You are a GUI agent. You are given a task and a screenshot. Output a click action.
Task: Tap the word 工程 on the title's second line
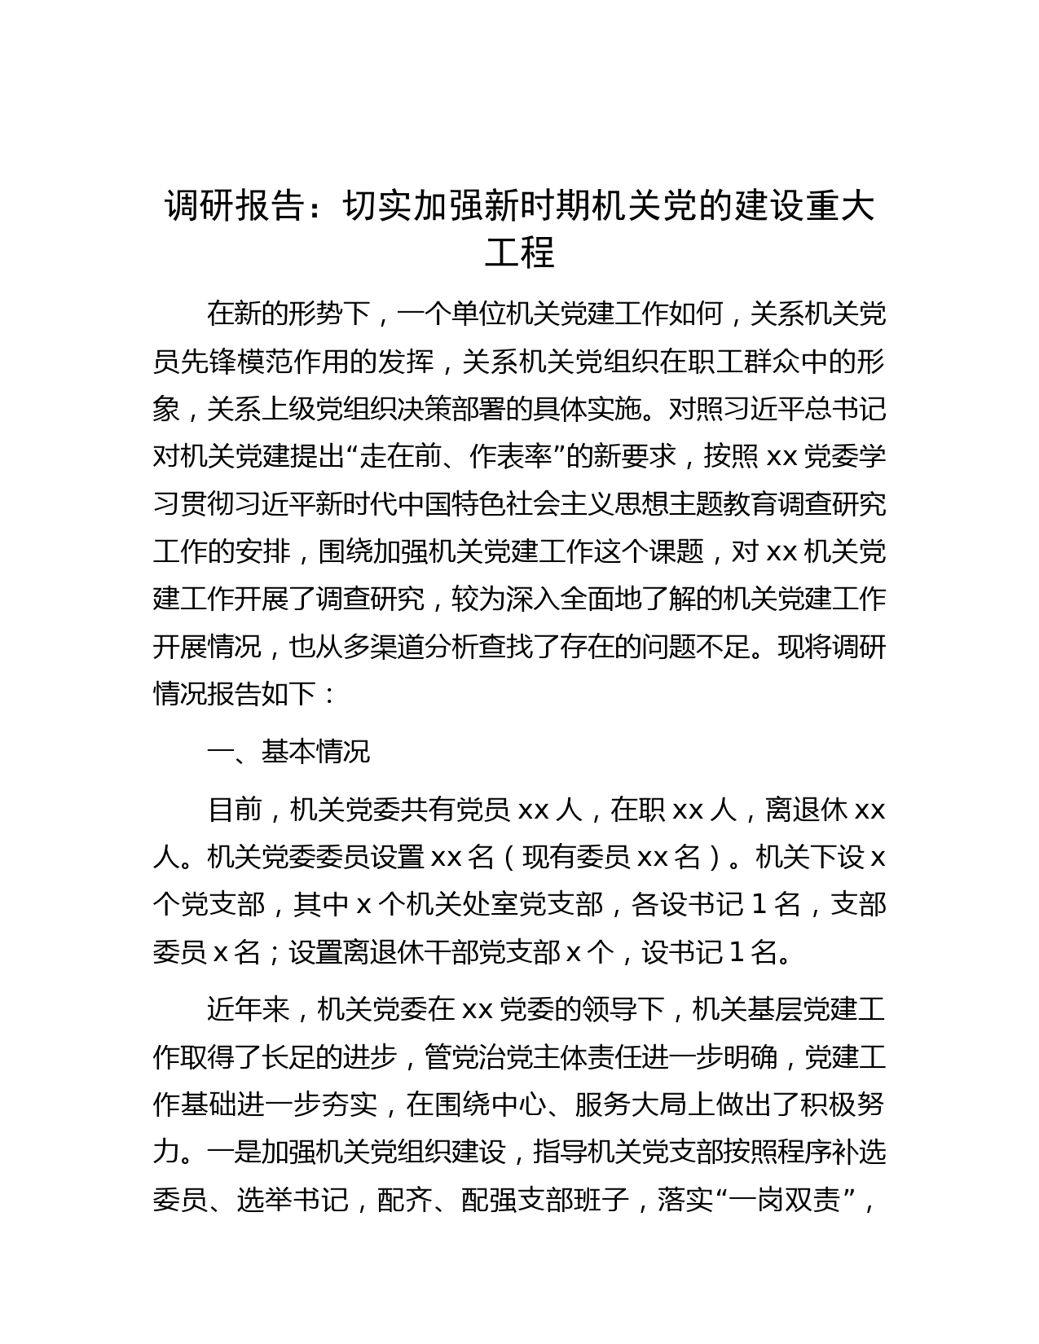pos(519,254)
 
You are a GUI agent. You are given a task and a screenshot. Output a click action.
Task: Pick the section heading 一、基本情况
pos(289,751)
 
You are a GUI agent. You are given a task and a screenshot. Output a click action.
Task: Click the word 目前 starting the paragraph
pos(235,810)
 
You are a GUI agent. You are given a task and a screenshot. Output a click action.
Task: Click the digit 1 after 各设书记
pos(757,904)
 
